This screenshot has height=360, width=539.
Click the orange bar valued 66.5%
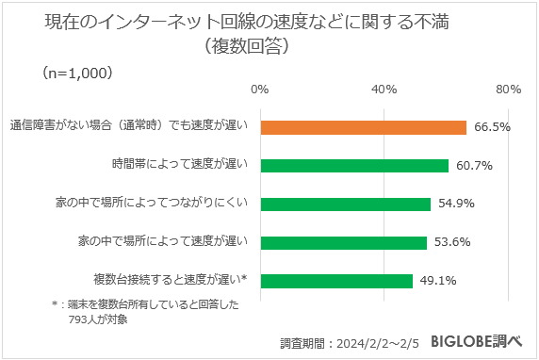point(363,127)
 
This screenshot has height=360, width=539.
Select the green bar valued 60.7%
point(353,166)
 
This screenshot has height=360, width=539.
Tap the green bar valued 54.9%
point(345,204)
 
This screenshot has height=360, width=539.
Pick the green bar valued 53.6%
point(343,242)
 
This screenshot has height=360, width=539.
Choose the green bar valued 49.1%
point(336,281)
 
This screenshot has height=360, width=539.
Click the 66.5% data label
point(492,127)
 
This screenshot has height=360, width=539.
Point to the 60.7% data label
point(474,166)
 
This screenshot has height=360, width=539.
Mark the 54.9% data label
point(456,204)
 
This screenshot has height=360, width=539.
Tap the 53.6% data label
point(452,242)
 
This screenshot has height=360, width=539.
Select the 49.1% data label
point(438,281)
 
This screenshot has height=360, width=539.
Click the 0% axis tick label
point(260,90)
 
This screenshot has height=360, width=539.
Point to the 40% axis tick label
point(384,90)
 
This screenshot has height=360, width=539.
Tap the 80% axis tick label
point(509,90)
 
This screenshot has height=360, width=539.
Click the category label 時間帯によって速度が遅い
point(180,166)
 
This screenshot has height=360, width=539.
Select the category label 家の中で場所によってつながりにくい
point(151,204)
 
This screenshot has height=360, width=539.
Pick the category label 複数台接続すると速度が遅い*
point(171,281)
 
